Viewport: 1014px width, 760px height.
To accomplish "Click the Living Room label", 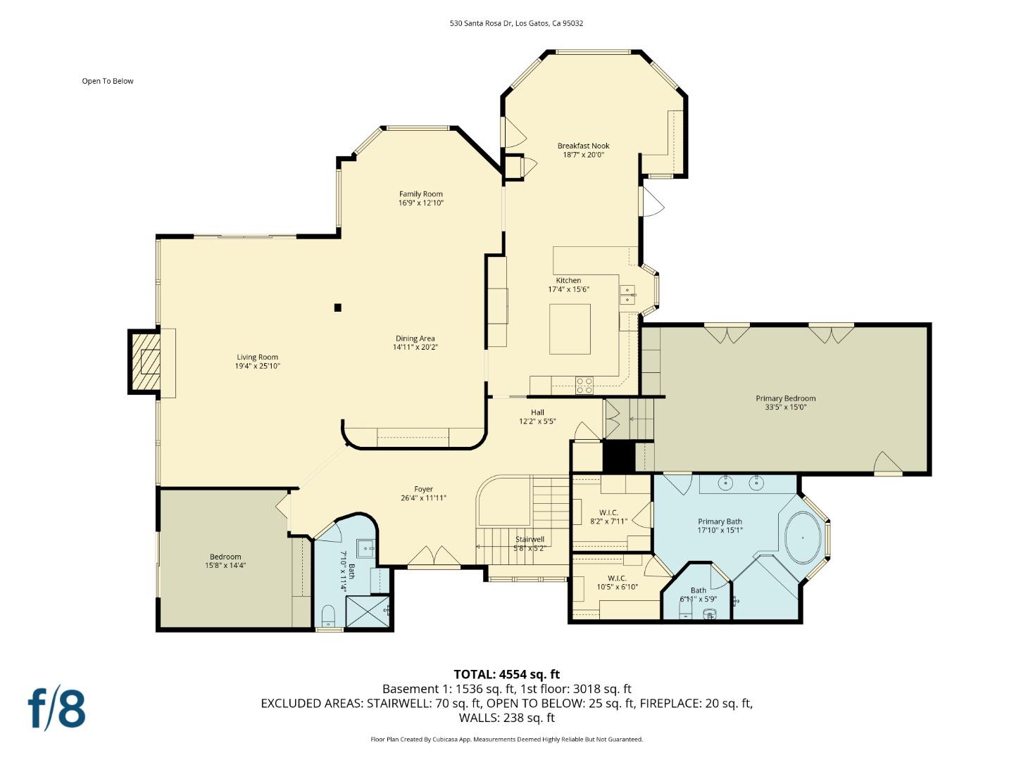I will click(x=257, y=357).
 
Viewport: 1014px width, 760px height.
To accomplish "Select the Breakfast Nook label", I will click(x=583, y=146).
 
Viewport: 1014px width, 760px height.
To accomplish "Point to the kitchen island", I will click(x=570, y=329).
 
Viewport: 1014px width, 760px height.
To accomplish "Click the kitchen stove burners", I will click(x=584, y=385).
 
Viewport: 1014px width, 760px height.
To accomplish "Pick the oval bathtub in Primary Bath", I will click(x=803, y=538).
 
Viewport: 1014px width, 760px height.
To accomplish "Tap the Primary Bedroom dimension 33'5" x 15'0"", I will click(x=785, y=407).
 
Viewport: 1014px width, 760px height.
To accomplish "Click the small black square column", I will click(x=338, y=308).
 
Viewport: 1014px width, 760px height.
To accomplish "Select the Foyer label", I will click(x=423, y=489).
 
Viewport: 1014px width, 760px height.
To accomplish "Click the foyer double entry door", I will click(x=434, y=557).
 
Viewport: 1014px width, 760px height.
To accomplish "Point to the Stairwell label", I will click(x=530, y=540).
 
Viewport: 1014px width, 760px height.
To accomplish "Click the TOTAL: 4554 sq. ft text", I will click(x=506, y=674).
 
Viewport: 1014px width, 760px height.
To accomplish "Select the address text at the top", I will click(x=516, y=23).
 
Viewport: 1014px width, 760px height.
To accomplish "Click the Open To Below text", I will click(x=108, y=81).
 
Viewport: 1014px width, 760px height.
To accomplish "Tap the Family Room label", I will click(x=420, y=194).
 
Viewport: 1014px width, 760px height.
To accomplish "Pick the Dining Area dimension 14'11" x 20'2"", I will click(x=415, y=347).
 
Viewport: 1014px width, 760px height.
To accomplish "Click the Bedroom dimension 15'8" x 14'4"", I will click(x=225, y=565).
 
